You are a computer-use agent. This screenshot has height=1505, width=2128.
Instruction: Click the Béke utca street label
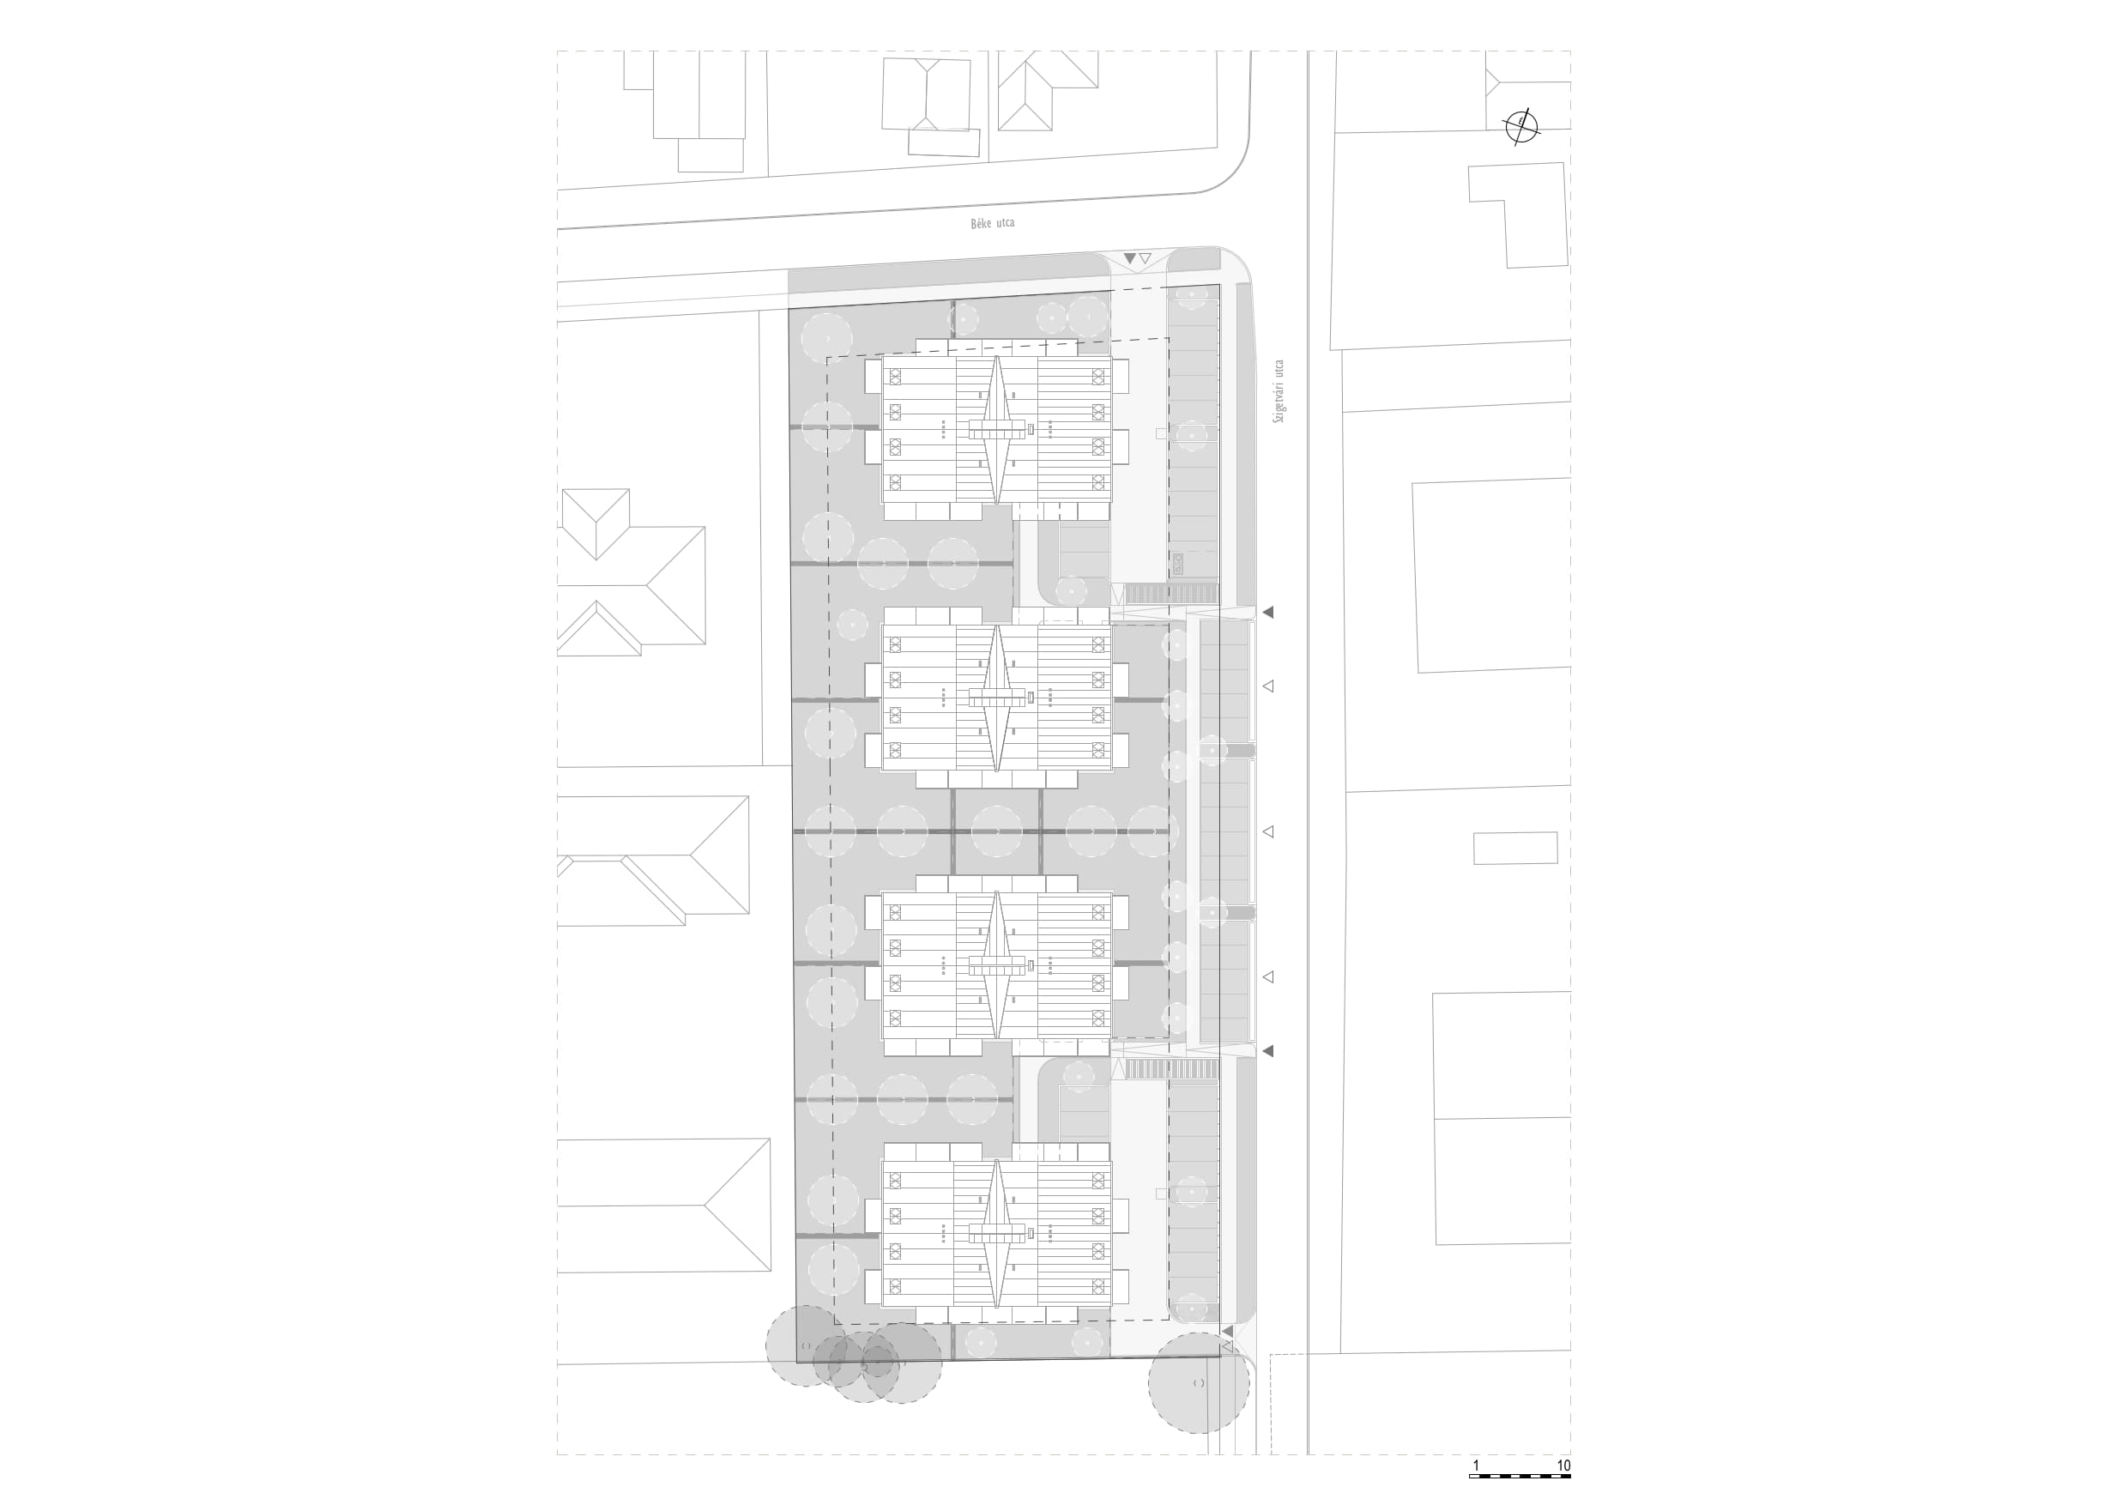pos(992,223)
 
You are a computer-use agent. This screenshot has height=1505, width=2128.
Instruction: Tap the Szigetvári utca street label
pos(1279,391)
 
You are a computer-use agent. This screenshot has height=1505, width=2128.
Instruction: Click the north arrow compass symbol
pos(1521,126)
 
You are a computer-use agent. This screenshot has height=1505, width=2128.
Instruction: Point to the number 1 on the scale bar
pos(1477,1466)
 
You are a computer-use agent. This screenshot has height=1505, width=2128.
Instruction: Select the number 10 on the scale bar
pos(1563,1466)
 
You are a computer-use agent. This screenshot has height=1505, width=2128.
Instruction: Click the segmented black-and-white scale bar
pos(1520,1475)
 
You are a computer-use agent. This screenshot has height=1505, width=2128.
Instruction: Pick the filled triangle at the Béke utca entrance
pos(1129,257)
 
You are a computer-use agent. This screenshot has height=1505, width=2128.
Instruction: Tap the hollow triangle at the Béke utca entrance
pos(1145,258)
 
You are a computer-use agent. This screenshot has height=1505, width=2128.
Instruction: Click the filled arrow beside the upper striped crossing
pos(1268,612)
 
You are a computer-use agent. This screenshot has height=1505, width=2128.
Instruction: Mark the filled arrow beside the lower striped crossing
pos(1268,1051)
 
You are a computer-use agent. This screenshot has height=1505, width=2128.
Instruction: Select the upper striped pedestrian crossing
pos(1170,593)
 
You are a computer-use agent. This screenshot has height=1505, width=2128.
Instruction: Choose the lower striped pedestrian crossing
pos(1170,1069)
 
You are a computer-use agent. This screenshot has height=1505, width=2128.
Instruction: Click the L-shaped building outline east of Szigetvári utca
pos(1518,216)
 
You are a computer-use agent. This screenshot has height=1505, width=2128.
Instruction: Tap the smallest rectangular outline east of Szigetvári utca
pos(1515,848)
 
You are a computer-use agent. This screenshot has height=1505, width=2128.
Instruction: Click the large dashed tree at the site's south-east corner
pos(1199,1384)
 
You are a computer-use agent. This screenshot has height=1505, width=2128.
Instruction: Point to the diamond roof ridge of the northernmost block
pos(996,430)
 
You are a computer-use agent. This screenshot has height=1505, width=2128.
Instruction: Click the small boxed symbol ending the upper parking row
pos(1177,564)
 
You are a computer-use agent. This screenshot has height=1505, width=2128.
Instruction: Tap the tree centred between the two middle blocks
pos(996,831)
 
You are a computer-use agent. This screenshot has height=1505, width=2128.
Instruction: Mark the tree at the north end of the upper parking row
pos(1191,298)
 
